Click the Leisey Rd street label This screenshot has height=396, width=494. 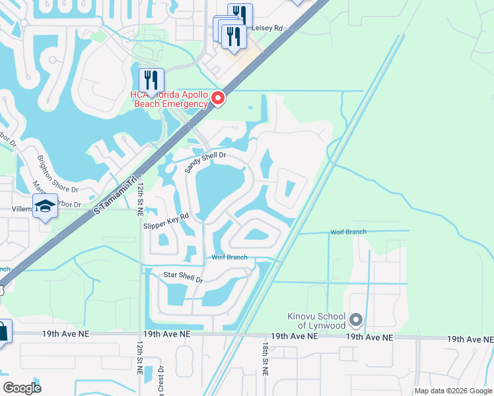[x=268, y=28]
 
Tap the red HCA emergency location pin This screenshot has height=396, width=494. [x=218, y=99]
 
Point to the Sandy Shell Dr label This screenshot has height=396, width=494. [x=205, y=160]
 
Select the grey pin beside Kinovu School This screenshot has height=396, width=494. [x=356, y=320]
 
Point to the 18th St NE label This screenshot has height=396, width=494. [x=264, y=358]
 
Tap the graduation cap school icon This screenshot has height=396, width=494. [x=44, y=207]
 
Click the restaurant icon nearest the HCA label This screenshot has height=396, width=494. [x=151, y=80]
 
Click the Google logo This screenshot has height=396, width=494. [x=22, y=388]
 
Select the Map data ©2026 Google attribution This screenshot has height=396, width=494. [x=453, y=391]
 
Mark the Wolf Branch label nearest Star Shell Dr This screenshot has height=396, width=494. [x=229, y=257]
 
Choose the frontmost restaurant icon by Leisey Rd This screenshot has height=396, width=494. [x=233, y=37]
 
